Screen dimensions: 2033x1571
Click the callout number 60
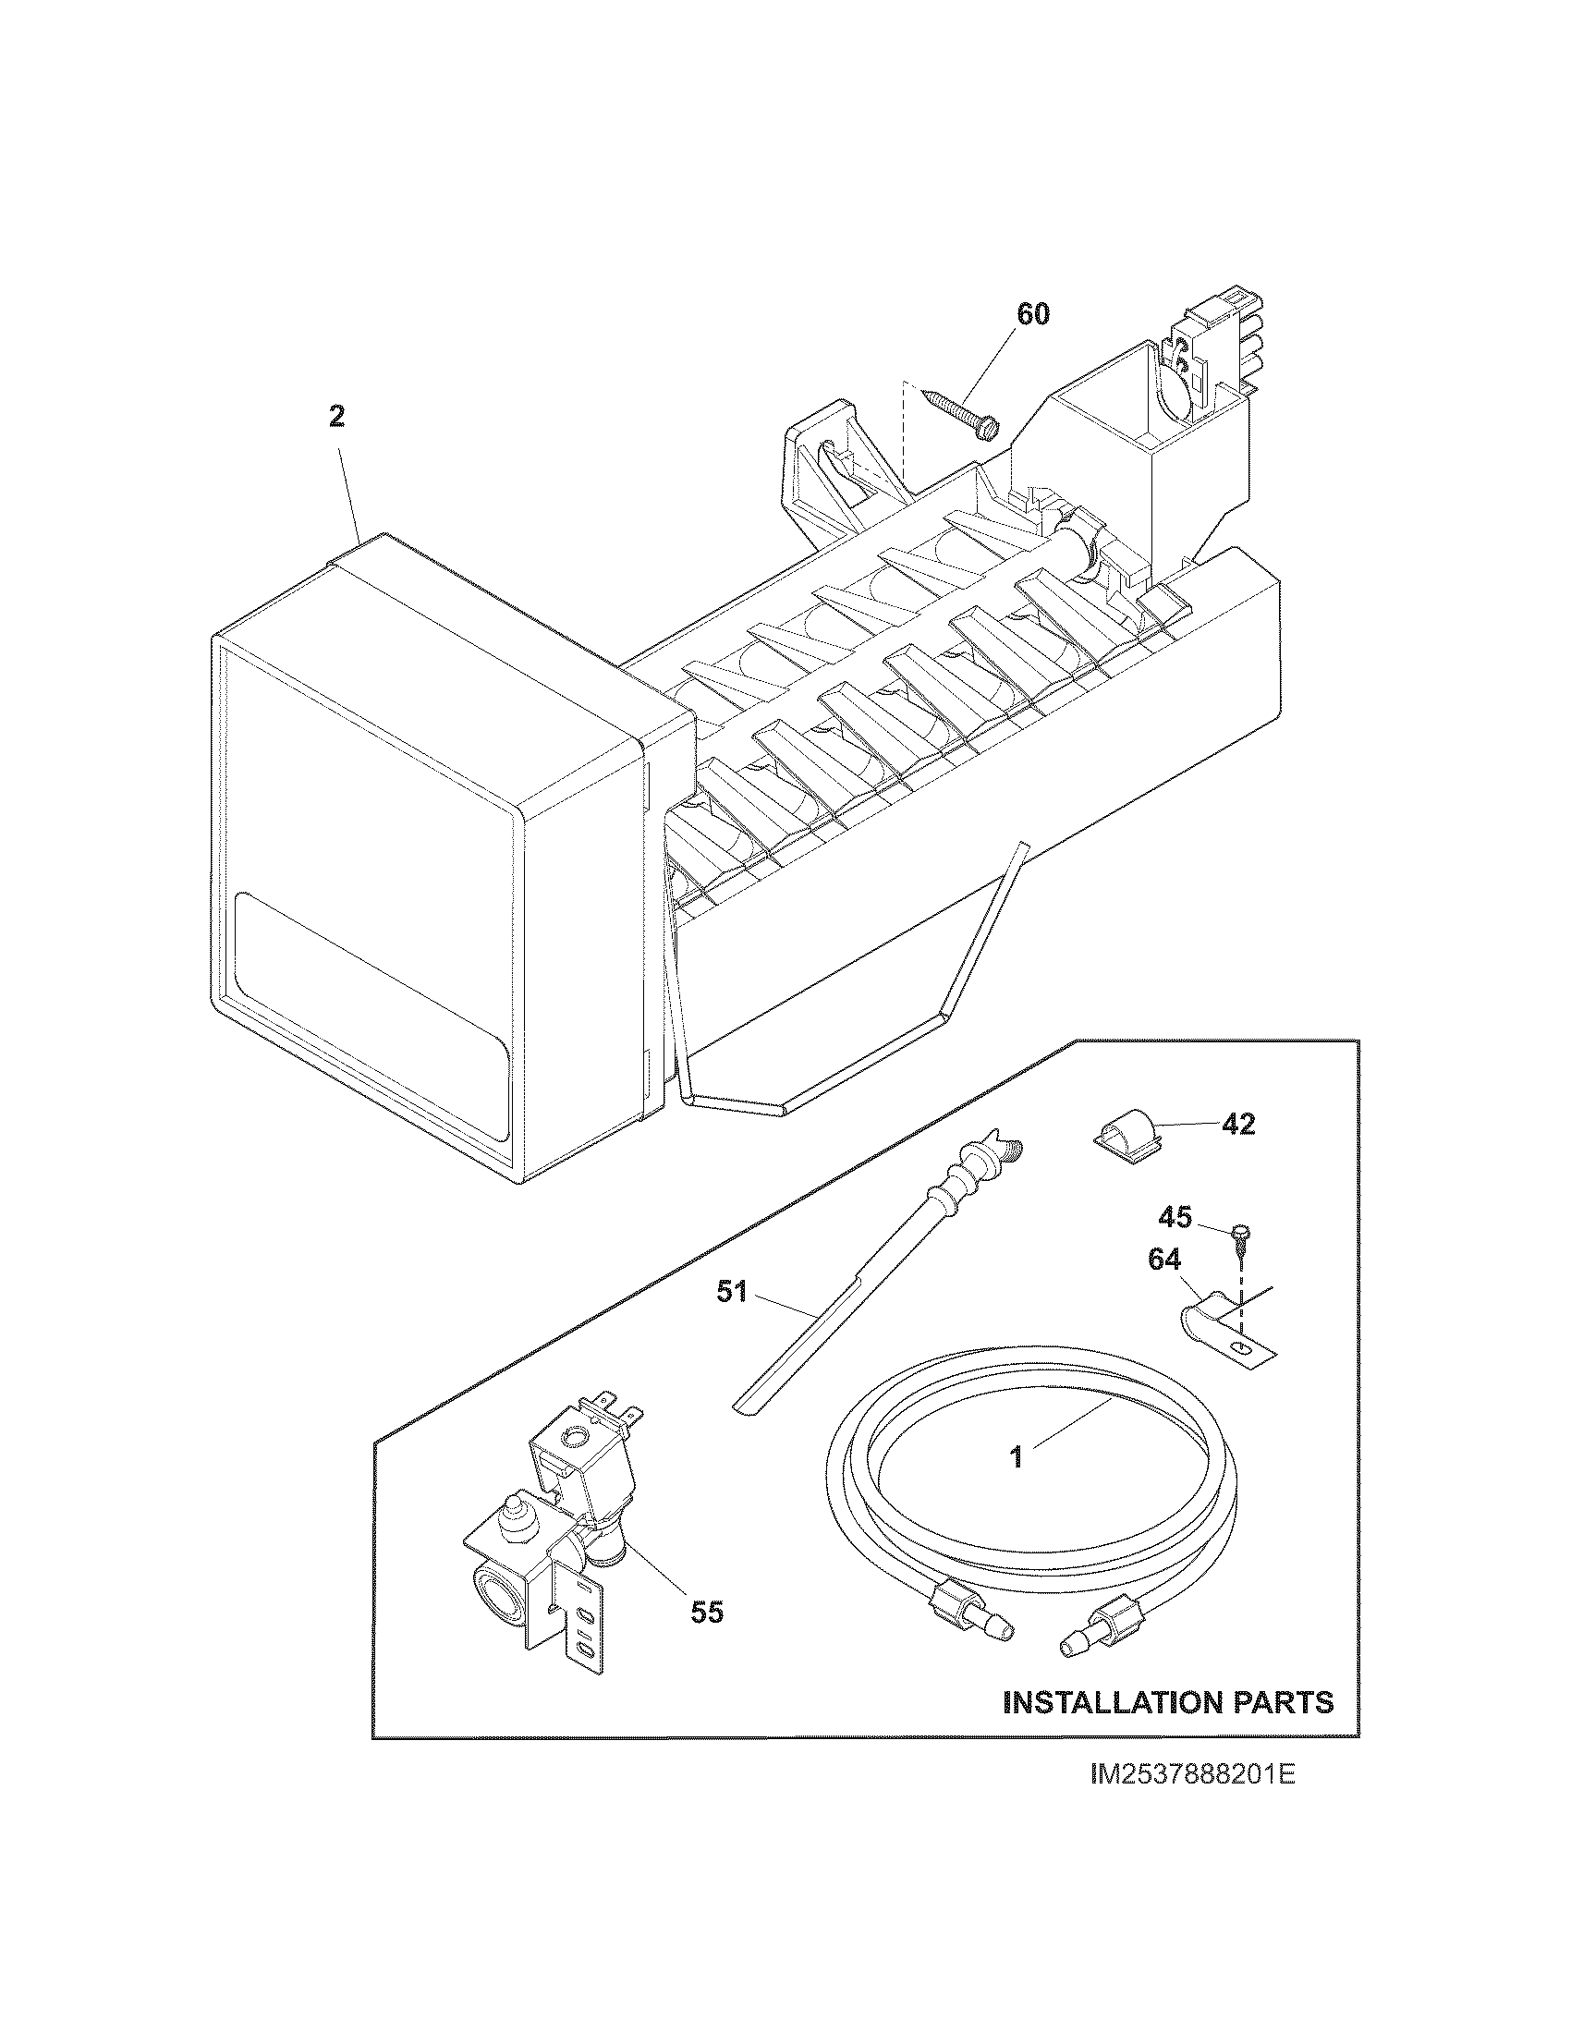(1031, 314)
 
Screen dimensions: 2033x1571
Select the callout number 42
(1236, 1125)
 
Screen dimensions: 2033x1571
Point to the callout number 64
(1164, 1260)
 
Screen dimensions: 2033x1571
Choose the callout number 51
(733, 1292)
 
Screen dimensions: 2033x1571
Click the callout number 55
(707, 1613)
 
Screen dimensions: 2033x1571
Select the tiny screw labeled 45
(1237, 1233)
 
